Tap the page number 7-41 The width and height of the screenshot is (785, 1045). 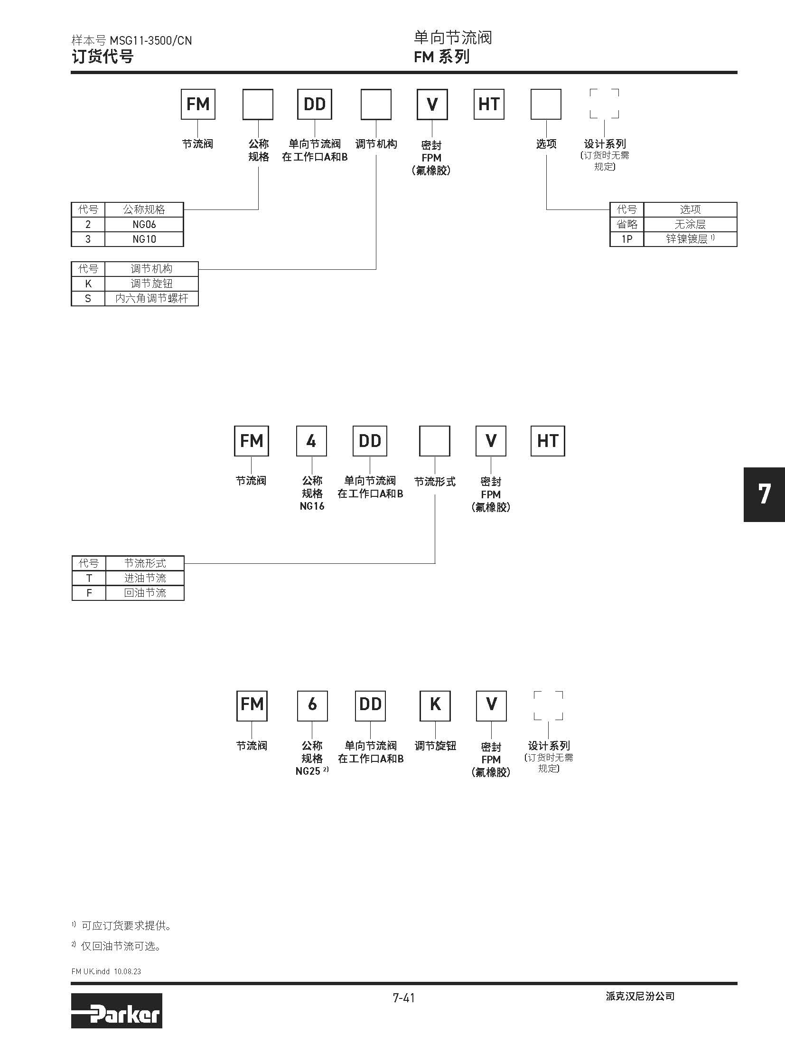tap(403, 998)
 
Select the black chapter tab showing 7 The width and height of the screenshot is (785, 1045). tap(764, 494)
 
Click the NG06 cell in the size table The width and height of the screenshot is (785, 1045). tap(144, 224)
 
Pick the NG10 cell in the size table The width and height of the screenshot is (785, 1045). tap(144, 239)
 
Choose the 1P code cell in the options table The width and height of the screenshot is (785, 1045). tap(626, 239)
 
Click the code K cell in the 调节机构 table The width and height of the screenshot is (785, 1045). tap(88, 284)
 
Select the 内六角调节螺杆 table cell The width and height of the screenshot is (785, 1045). tap(151, 298)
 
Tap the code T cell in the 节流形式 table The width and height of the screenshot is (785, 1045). tap(89, 578)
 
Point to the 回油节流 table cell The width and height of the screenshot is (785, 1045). tap(145, 593)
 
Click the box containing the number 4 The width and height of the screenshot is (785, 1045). tap(311, 441)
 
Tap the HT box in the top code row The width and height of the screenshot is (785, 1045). tap(488, 104)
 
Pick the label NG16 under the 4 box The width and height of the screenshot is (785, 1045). tap(312, 506)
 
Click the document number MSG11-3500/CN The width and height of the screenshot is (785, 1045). tap(150, 41)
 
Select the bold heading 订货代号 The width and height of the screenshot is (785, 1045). tap(103, 57)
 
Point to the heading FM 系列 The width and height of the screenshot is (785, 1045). tap(441, 57)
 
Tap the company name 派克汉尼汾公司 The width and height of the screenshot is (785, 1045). tap(640, 997)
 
